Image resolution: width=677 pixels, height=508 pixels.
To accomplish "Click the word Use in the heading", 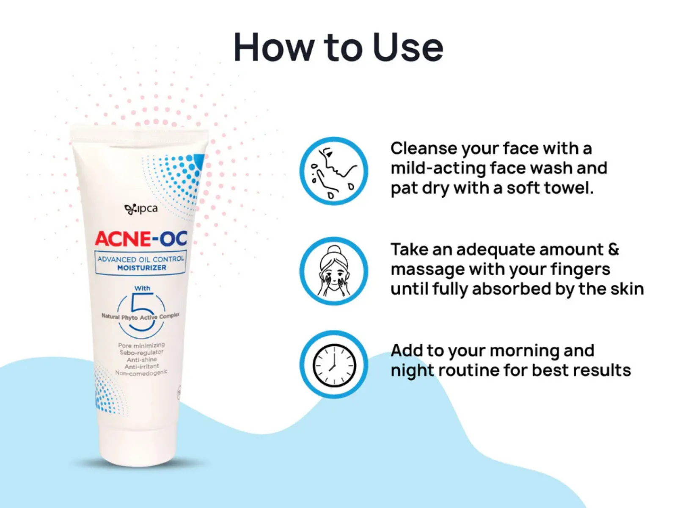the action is [408, 47].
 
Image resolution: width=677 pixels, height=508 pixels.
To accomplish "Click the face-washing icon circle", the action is [334, 171].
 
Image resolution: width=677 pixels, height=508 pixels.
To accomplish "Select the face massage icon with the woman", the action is [334, 271].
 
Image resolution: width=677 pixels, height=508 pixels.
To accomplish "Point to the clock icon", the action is [334, 364].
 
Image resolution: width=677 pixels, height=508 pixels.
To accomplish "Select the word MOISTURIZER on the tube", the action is [142, 268].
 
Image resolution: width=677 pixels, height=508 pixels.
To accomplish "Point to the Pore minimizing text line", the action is [141, 345].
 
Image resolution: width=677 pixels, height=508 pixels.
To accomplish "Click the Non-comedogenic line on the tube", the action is [141, 373].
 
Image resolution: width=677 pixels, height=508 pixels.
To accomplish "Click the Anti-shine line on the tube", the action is [142, 359].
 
